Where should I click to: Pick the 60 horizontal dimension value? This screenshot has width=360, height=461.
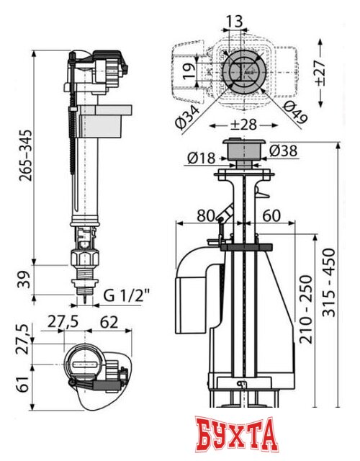(271, 215)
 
